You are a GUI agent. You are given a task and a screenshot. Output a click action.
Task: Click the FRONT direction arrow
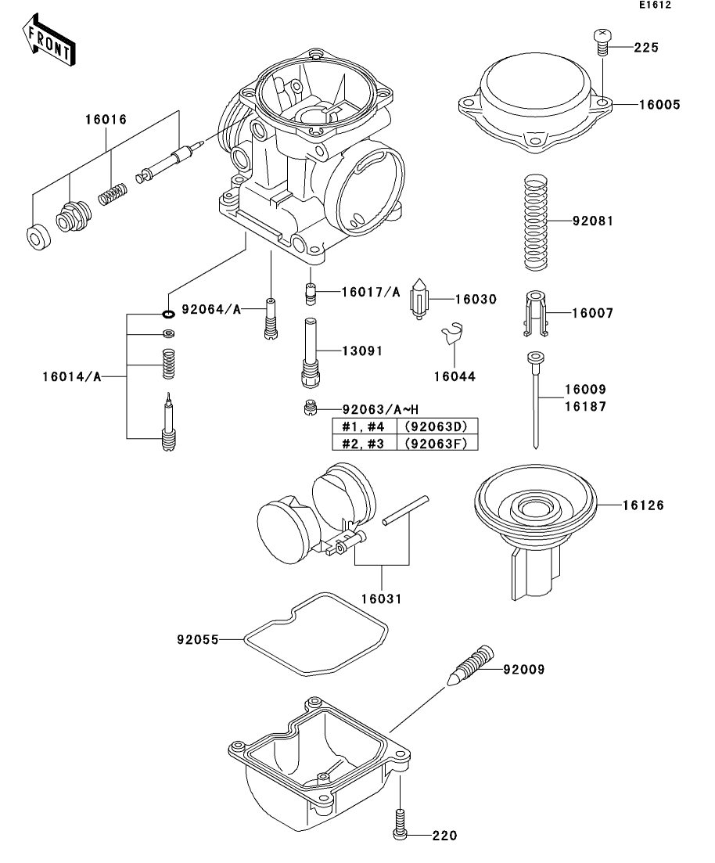coord(49,40)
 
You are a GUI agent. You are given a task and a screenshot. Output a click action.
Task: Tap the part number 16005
coord(659,105)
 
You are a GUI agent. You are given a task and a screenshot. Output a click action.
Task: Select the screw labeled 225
coord(602,41)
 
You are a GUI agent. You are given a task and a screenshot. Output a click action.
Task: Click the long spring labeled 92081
coord(536,222)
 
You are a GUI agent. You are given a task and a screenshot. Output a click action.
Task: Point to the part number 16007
coord(592,313)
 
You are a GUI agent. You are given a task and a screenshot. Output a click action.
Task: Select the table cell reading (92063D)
coord(436,426)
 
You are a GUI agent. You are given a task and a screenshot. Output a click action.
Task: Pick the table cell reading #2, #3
coord(363,443)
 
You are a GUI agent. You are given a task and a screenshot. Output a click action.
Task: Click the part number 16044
coord(455,376)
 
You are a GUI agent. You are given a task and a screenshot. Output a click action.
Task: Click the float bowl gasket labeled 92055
coord(315,634)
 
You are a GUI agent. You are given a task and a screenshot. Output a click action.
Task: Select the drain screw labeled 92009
coord(469,665)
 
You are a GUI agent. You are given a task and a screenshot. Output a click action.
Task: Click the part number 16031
coord(382,599)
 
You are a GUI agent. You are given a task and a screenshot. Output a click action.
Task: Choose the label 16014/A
coord(72,377)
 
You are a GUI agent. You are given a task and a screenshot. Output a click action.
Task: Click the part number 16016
coord(106,120)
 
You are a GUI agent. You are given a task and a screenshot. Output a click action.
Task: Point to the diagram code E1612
coord(655,5)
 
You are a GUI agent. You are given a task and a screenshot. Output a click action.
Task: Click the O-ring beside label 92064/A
coord(168,314)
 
